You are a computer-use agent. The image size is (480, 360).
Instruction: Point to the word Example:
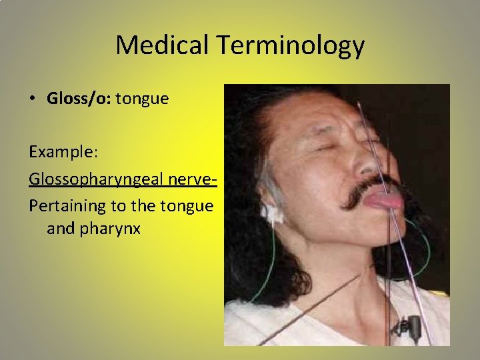click(63, 153)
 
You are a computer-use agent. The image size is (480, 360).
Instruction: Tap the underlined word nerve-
click(197, 179)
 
